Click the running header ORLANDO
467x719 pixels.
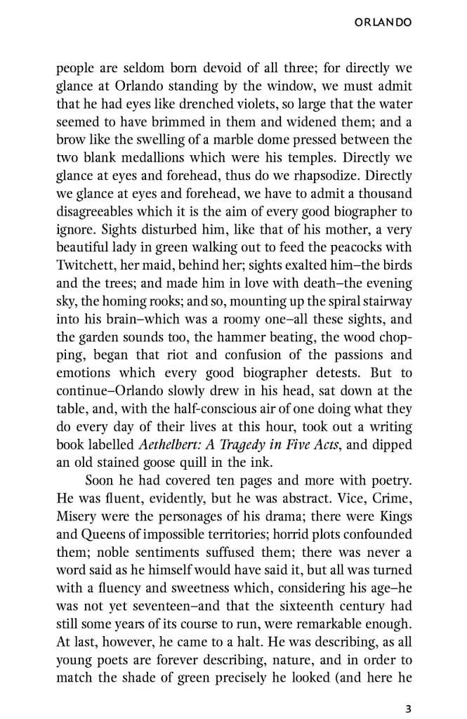[x=383, y=23]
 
